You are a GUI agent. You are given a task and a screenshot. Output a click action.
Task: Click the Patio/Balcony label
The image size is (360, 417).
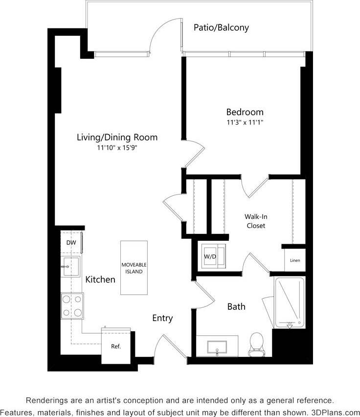click(221, 27)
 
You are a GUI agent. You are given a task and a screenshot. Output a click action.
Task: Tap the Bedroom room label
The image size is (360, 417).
click(245, 112)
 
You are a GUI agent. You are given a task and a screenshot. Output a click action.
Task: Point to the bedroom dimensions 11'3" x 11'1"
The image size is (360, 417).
click(245, 123)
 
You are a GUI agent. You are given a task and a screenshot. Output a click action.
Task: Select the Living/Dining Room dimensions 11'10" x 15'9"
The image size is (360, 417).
click(117, 148)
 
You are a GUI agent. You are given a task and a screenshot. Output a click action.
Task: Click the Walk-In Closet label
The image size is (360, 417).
click(255, 221)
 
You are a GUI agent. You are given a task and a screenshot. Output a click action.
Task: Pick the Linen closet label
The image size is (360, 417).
click(295, 260)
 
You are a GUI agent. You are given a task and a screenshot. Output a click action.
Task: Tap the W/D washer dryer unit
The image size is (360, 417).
click(211, 256)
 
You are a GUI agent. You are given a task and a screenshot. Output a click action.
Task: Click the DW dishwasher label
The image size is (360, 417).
click(71, 242)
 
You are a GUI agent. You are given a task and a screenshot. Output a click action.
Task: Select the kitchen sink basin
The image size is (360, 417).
click(71, 266)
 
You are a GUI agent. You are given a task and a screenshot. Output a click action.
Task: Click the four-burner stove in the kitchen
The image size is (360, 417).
click(71, 305)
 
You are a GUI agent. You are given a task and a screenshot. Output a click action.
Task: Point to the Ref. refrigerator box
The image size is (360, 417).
click(116, 346)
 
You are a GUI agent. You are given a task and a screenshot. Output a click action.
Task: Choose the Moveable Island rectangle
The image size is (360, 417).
click(134, 268)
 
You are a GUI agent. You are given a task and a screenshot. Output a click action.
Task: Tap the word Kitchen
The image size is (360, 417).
click(100, 280)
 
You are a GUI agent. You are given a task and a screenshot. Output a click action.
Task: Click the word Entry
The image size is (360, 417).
click(162, 318)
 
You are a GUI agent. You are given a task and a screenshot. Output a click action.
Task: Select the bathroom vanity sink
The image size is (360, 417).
click(217, 347)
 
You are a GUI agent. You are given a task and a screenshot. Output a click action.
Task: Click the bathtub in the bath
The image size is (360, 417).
click(289, 303)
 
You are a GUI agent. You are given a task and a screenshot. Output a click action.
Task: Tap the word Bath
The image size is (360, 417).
click(236, 307)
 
